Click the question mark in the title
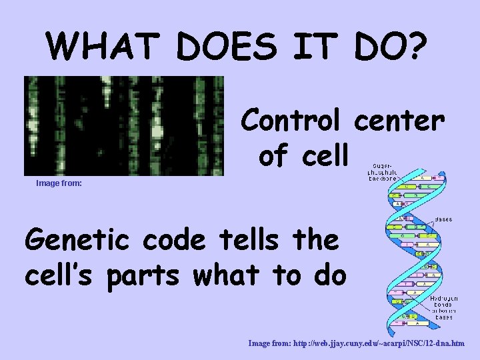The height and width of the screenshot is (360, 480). [x=417, y=45]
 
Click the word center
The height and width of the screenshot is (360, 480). [x=399, y=121]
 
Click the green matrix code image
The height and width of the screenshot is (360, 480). [x=124, y=125]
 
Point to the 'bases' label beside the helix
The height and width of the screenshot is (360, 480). [x=443, y=218]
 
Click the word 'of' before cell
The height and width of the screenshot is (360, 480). [x=274, y=155]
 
